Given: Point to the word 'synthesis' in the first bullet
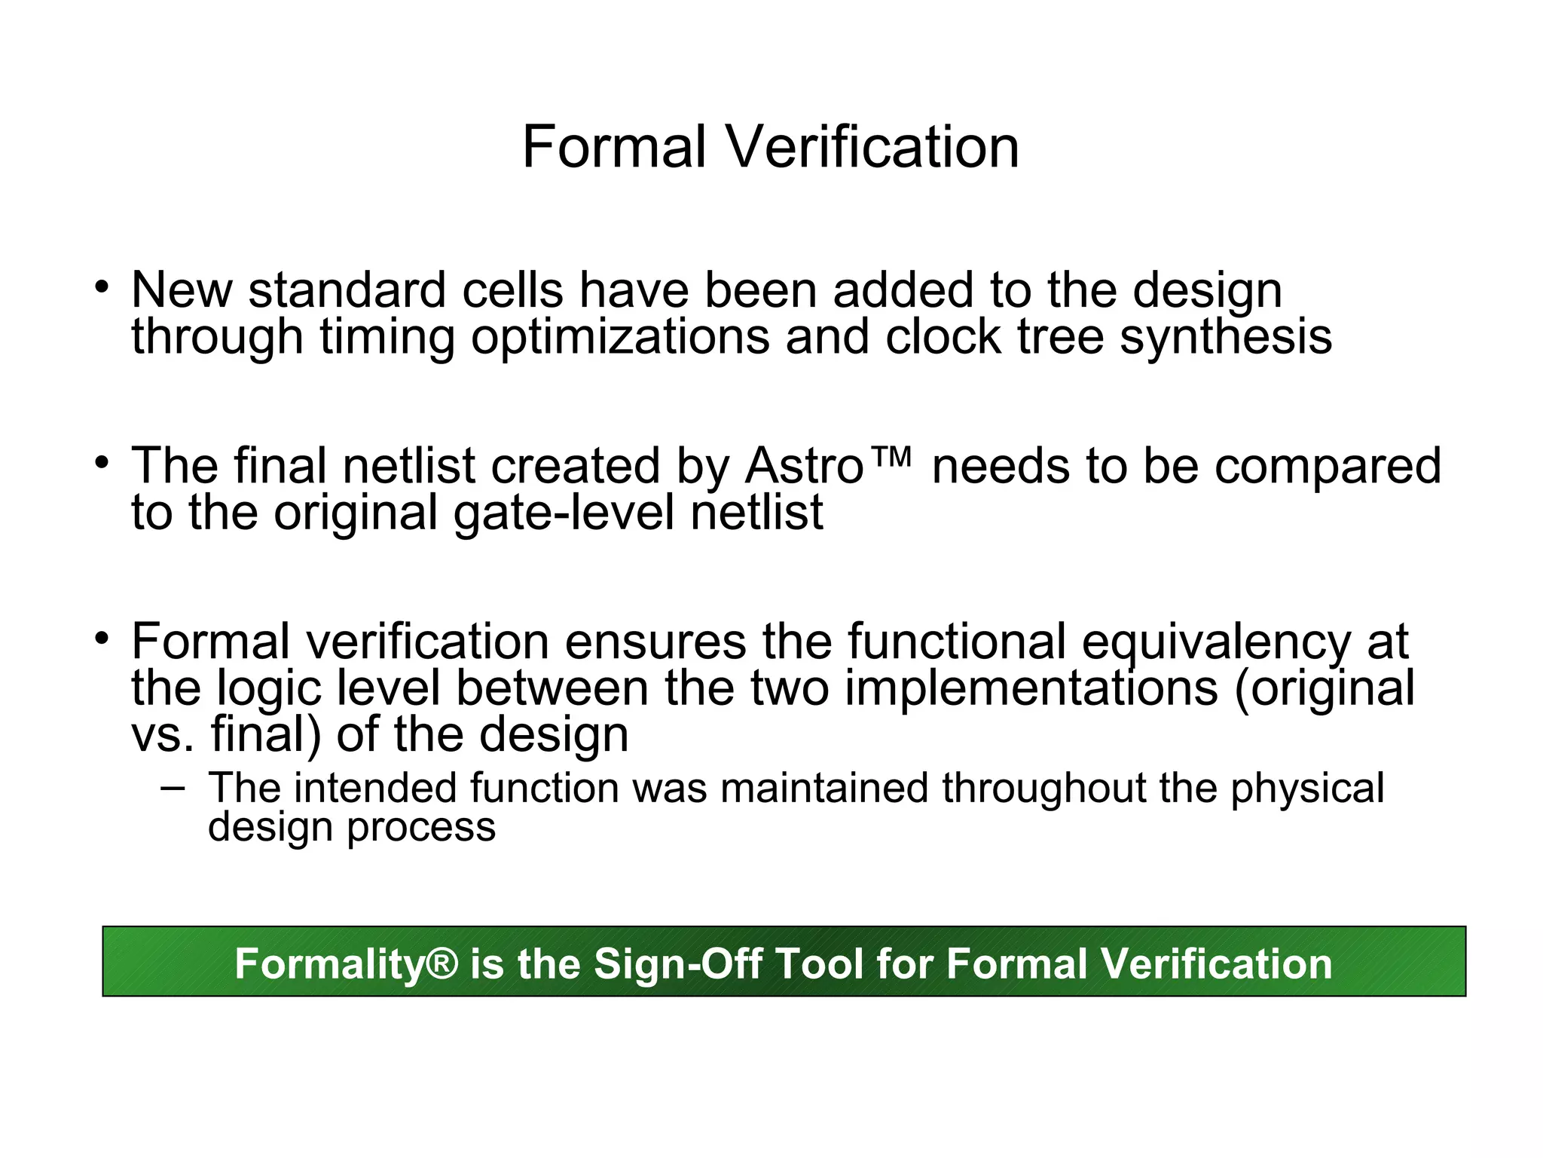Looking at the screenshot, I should (1226, 337).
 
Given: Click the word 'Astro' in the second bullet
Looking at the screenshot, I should (804, 466).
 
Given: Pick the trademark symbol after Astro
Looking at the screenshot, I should (890, 457).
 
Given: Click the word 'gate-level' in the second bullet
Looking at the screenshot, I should (564, 513).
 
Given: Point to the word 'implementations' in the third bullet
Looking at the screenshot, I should (1031, 688).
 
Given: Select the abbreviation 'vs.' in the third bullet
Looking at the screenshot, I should (162, 735).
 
